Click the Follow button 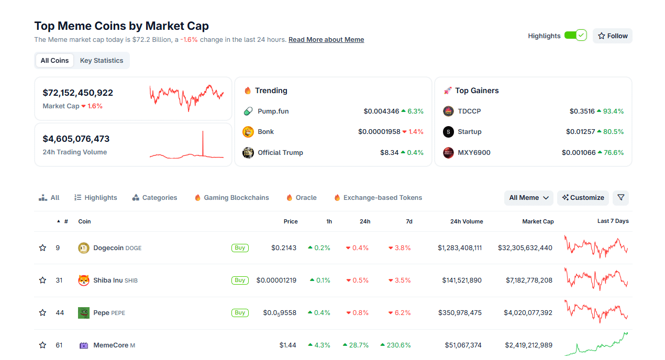(612, 36)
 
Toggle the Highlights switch (575, 36)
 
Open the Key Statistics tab (102, 61)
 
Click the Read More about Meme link (326, 40)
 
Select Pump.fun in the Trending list (273, 111)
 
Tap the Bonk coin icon (248, 132)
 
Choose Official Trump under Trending (280, 153)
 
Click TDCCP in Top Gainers (469, 111)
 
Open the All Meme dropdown (529, 198)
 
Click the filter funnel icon (620, 198)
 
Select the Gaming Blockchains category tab (236, 198)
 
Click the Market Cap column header (538, 221)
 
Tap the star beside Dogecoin (43, 248)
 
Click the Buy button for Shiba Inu (240, 280)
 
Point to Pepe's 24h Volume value (460, 313)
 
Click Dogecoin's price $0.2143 (283, 248)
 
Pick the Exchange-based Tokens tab (382, 198)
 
